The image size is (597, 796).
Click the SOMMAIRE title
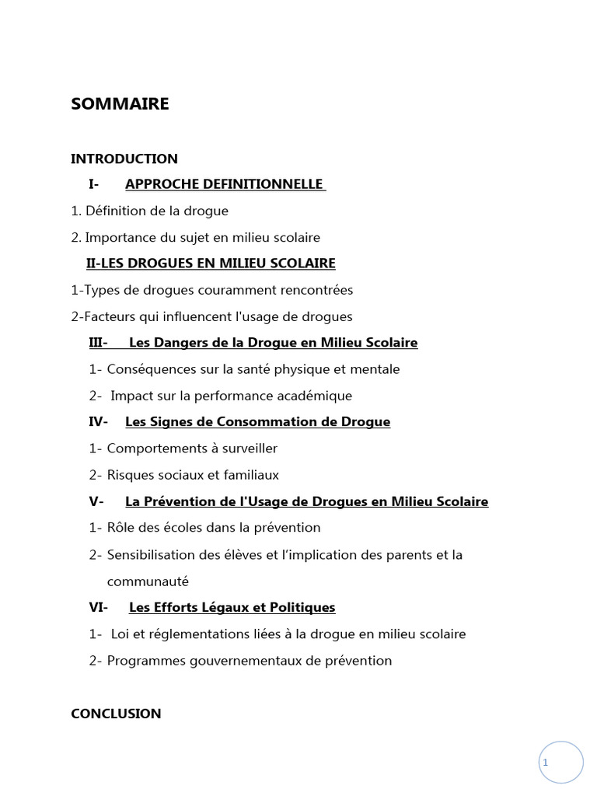coord(120,103)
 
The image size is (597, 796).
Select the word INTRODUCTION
coord(124,159)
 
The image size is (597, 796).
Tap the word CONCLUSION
coord(116,714)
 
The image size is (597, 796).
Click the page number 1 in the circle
coord(546,763)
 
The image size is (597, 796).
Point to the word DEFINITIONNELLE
coord(263,184)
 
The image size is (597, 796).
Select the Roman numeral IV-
coord(97,422)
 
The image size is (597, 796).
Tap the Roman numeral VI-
coord(98,607)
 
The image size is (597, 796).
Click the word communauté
coord(148,581)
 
